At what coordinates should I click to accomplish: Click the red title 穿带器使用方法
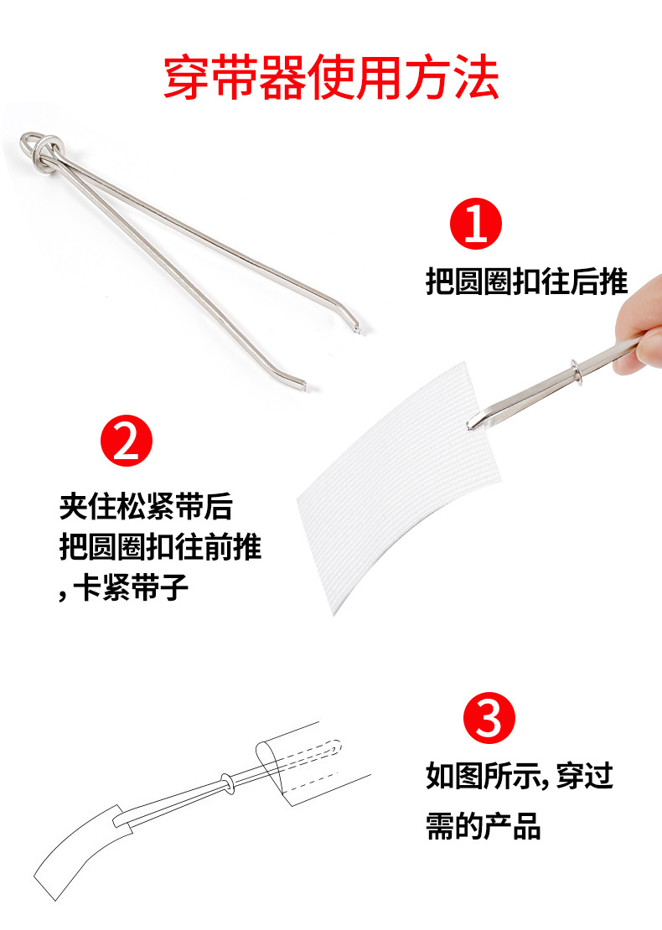click(331, 78)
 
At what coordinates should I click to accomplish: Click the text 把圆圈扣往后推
click(526, 282)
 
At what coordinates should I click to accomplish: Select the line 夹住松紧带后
click(146, 507)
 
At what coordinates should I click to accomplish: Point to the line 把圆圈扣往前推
click(160, 547)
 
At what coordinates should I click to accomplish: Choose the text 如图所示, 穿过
click(519, 776)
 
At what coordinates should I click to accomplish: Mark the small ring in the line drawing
click(226, 781)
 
